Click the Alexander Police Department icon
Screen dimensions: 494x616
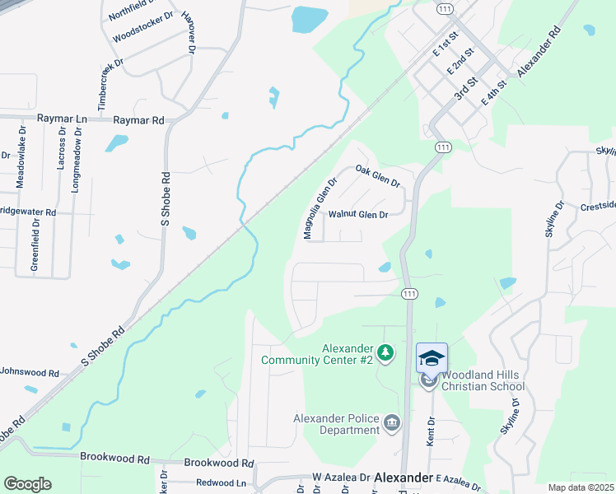391,425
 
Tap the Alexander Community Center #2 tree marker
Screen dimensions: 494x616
385,354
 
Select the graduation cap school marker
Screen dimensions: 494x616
432,358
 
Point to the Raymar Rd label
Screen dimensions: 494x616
138,120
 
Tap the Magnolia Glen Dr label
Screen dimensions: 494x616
320,210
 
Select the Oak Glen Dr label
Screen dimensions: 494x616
377,175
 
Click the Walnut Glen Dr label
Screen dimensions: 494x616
357,215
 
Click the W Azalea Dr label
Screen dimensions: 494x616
340,478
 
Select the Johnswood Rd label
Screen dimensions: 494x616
30,373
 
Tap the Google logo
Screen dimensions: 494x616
27,484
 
